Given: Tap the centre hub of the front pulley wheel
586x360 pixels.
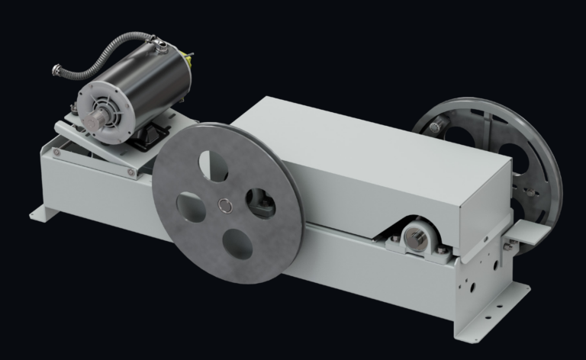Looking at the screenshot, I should [x=225, y=204].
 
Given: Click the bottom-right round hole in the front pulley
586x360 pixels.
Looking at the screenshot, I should [x=239, y=245].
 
